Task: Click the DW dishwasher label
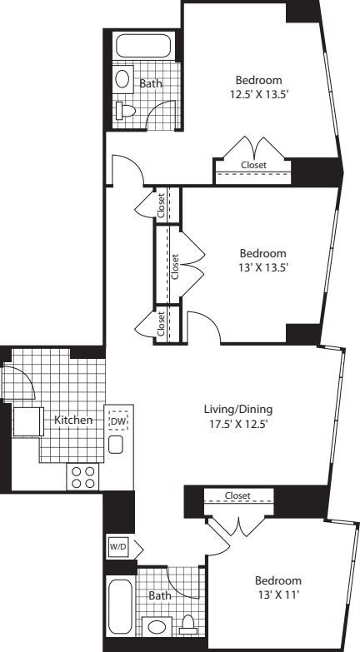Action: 118,421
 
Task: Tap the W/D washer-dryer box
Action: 118,547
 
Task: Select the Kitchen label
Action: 73,420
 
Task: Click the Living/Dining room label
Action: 238,410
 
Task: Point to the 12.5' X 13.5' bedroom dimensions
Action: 259,94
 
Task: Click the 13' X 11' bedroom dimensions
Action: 278,595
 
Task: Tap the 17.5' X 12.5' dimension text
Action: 238,425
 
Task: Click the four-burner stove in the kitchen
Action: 82,477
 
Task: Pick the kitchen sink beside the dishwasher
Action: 116,445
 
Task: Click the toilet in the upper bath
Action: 126,111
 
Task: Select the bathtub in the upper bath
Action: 143,46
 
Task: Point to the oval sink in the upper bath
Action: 122,78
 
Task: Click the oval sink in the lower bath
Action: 157,628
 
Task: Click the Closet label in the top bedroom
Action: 254,165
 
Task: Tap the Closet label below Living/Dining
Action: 237,495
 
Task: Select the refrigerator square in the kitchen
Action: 28,421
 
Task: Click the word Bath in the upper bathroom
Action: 151,83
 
